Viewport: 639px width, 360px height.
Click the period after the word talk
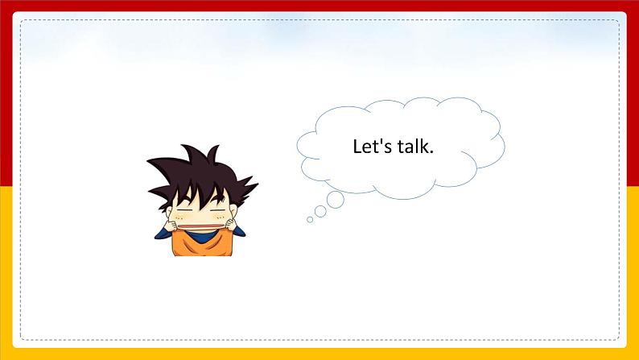[x=431, y=152]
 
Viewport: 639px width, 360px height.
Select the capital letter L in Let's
[x=357, y=147]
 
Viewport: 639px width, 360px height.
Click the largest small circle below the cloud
[x=336, y=200]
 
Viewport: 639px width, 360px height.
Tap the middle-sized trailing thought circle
[x=320, y=211]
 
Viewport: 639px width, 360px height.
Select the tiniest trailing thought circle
[x=310, y=220]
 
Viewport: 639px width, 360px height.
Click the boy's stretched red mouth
[x=201, y=226]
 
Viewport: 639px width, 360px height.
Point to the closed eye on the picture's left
[x=184, y=210]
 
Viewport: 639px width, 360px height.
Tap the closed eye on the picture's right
[x=218, y=210]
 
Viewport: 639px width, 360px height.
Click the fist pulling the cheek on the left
[x=171, y=225]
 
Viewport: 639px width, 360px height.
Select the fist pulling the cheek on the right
[x=231, y=224]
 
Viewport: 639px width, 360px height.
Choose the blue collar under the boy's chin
[x=200, y=236]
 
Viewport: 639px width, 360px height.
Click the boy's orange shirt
[x=203, y=244]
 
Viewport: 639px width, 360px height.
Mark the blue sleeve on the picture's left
[x=163, y=234]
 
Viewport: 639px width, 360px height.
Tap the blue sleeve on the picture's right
[x=238, y=232]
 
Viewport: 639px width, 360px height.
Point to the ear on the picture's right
[x=233, y=210]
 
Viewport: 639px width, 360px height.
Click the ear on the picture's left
[x=169, y=212]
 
